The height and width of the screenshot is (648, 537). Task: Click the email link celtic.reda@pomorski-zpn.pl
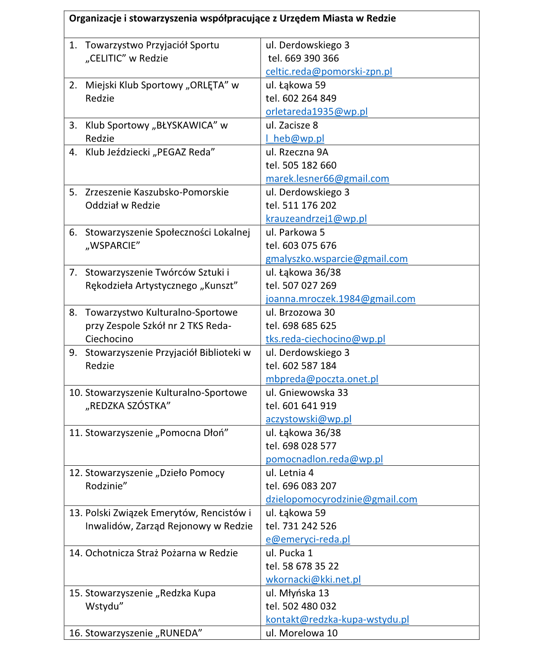(329, 71)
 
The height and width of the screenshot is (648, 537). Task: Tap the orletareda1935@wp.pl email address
(317, 112)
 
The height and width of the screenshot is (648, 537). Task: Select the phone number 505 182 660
(309, 165)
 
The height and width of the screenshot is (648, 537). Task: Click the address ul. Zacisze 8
(292, 126)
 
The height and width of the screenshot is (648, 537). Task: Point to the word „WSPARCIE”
(113, 246)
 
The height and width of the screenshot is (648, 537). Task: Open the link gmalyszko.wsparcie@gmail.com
(337, 259)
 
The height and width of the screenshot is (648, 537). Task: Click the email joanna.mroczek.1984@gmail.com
(341, 299)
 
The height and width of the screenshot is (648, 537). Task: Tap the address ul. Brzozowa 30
(300, 313)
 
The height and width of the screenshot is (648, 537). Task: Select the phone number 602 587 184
(309, 366)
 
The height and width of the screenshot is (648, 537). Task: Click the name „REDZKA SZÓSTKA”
(128, 406)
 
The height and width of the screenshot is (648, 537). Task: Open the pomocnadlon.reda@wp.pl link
(324, 459)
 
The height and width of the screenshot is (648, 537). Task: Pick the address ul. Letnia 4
(289, 473)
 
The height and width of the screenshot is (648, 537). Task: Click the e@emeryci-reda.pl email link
(308, 539)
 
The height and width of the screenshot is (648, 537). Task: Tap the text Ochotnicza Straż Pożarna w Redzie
(161, 553)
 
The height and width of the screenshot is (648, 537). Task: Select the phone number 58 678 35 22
(311, 566)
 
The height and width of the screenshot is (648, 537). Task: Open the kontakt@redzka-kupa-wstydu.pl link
(338, 619)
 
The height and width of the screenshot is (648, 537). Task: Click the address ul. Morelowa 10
(302, 633)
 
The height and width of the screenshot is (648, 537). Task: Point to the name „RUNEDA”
(178, 633)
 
